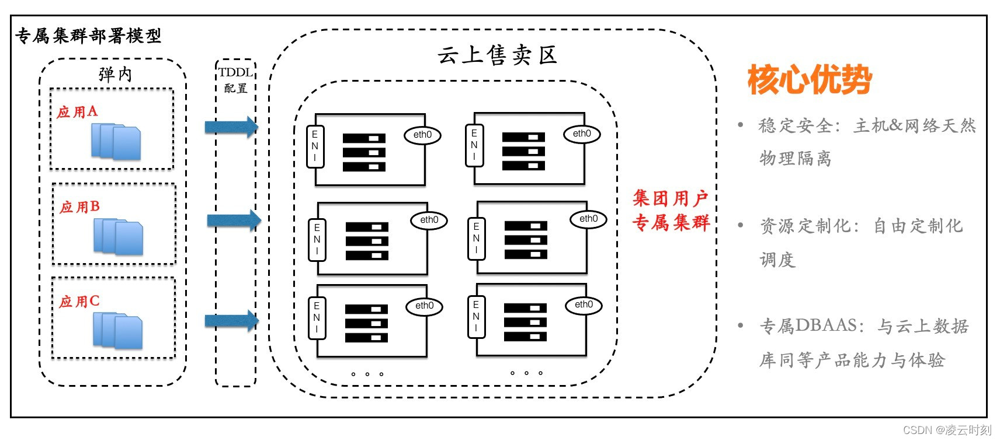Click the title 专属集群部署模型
pyautogui.click(x=88, y=36)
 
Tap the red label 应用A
pyautogui.click(x=77, y=111)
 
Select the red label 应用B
pyautogui.click(x=79, y=207)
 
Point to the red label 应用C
pyautogui.click(x=79, y=302)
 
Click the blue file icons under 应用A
pyautogui.click(x=116, y=142)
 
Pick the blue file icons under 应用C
pyautogui.click(x=117, y=331)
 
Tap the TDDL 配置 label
pyautogui.click(x=235, y=80)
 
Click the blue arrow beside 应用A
pyautogui.click(x=231, y=127)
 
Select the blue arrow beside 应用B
pyautogui.click(x=234, y=220)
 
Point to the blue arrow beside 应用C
pyautogui.click(x=231, y=320)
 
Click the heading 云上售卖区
pyautogui.click(x=497, y=55)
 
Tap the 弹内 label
pyautogui.click(x=115, y=74)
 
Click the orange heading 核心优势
pyautogui.click(x=809, y=80)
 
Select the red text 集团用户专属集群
pyautogui.click(x=671, y=210)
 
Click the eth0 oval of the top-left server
pyautogui.click(x=422, y=135)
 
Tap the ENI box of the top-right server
pyautogui.click(x=474, y=145)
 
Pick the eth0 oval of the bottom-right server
pyautogui.click(x=584, y=304)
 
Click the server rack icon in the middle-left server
pyautogui.click(x=367, y=241)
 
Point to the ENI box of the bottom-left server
pyautogui.click(x=317, y=317)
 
